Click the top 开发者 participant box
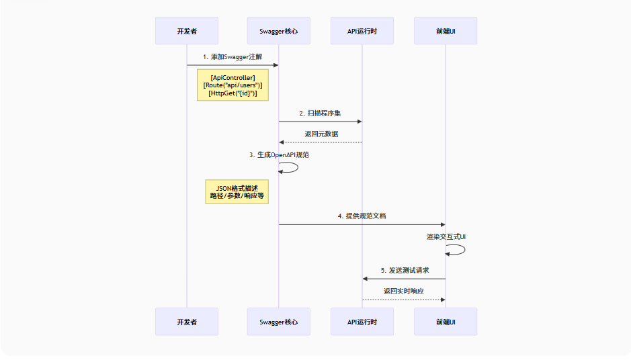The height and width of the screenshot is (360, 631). [x=187, y=31]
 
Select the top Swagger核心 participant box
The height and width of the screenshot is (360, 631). [x=279, y=31]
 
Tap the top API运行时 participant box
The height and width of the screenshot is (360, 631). [x=362, y=31]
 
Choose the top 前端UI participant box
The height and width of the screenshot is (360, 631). [x=446, y=31]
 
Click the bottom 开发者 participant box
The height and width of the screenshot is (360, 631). [x=187, y=322]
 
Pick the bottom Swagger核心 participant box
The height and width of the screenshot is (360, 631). [x=279, y=322]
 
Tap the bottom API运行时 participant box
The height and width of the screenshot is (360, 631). [x=362, y=322]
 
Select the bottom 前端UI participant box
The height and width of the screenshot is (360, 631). [x=446, y=322]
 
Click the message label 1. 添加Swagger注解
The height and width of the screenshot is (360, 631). [x=232, y=57]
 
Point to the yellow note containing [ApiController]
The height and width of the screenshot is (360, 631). [x=233, y=85]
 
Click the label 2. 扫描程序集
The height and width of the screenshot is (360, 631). [x=320, y=113]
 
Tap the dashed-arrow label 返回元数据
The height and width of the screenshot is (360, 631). [x=321, y=134]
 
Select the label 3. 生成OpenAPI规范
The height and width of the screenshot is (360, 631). [x=279, y=155]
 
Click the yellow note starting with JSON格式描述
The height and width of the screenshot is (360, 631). [x=237, y=192]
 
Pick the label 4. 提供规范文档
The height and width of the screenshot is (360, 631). [x=362, y=216]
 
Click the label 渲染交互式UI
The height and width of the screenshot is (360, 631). [x=446, y=237]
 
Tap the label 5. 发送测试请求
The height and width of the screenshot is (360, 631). [x=404, y=270]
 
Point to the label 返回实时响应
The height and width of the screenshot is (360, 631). [x=404, y=291]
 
